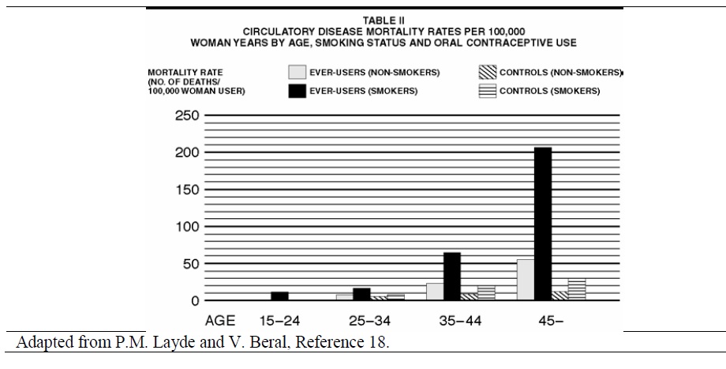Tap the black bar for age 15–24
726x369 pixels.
tap(279, 296)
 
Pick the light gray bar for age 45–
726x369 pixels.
tap(525, 280)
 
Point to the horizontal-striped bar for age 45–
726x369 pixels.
tap(577, 289)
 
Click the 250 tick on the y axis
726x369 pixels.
tap(187, 115)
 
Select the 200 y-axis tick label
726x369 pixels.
tap(187, 152)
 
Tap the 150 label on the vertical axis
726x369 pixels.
tap(187, 190)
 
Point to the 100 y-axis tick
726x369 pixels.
tap(187, 227)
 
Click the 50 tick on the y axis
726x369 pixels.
tap(190, 264)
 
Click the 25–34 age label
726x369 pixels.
tap(370, 321)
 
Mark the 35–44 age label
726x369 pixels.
tap(461, 321)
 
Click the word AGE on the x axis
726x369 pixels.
tap(221, 321)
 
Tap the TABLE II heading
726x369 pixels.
tap(384, 21)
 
